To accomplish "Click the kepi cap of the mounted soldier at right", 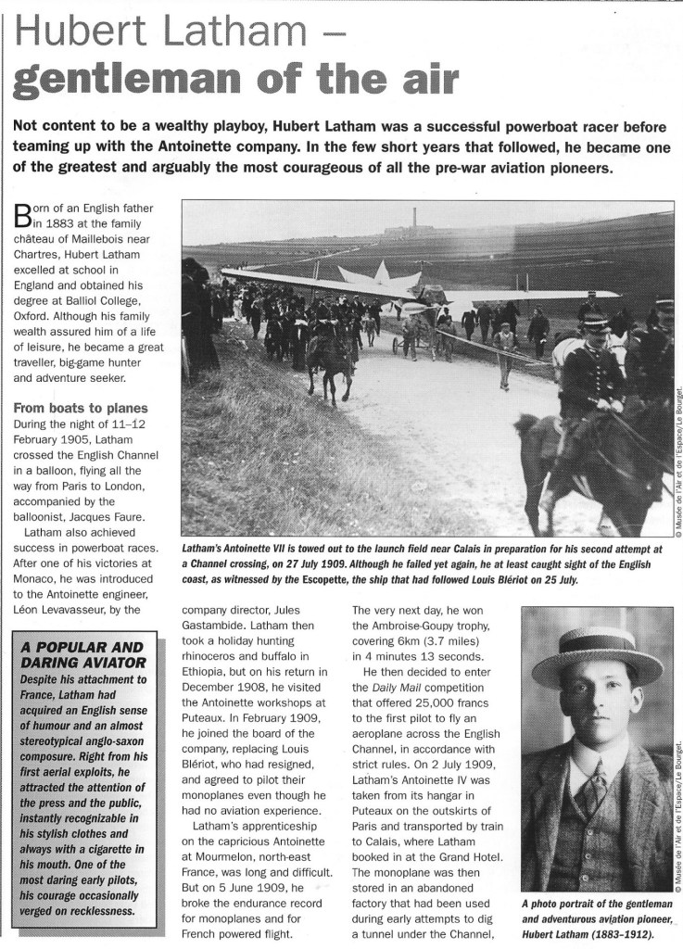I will click(x=593, y=324).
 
